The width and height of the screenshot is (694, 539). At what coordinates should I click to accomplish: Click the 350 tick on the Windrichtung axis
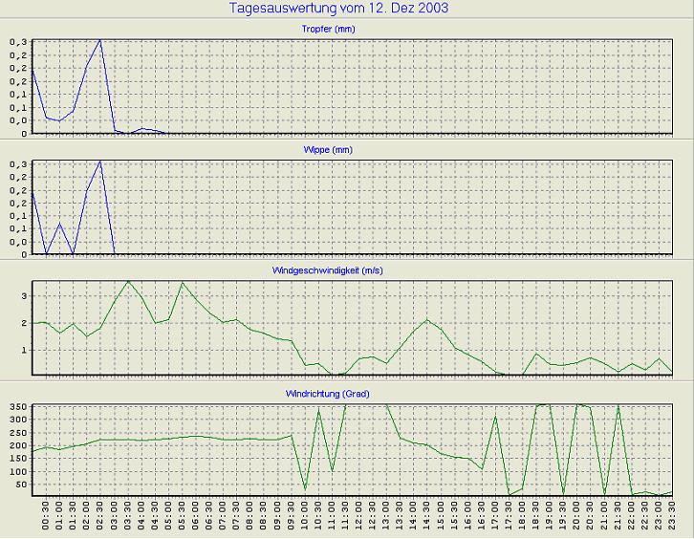18,408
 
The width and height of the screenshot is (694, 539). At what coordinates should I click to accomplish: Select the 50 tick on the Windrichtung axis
21,485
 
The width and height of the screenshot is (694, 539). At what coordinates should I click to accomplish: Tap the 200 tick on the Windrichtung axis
18,446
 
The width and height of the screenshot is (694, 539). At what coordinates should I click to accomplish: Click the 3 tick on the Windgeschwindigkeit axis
26,296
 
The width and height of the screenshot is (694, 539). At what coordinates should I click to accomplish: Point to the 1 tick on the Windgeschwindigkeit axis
26,350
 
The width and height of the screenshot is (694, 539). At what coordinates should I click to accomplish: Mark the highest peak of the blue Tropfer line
100,40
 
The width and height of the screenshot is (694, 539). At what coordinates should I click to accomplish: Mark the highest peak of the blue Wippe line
100,162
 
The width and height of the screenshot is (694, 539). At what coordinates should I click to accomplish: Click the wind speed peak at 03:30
128,281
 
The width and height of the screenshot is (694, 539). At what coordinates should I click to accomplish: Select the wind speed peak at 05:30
183,282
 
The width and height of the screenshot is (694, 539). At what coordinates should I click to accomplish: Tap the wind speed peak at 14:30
427,319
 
